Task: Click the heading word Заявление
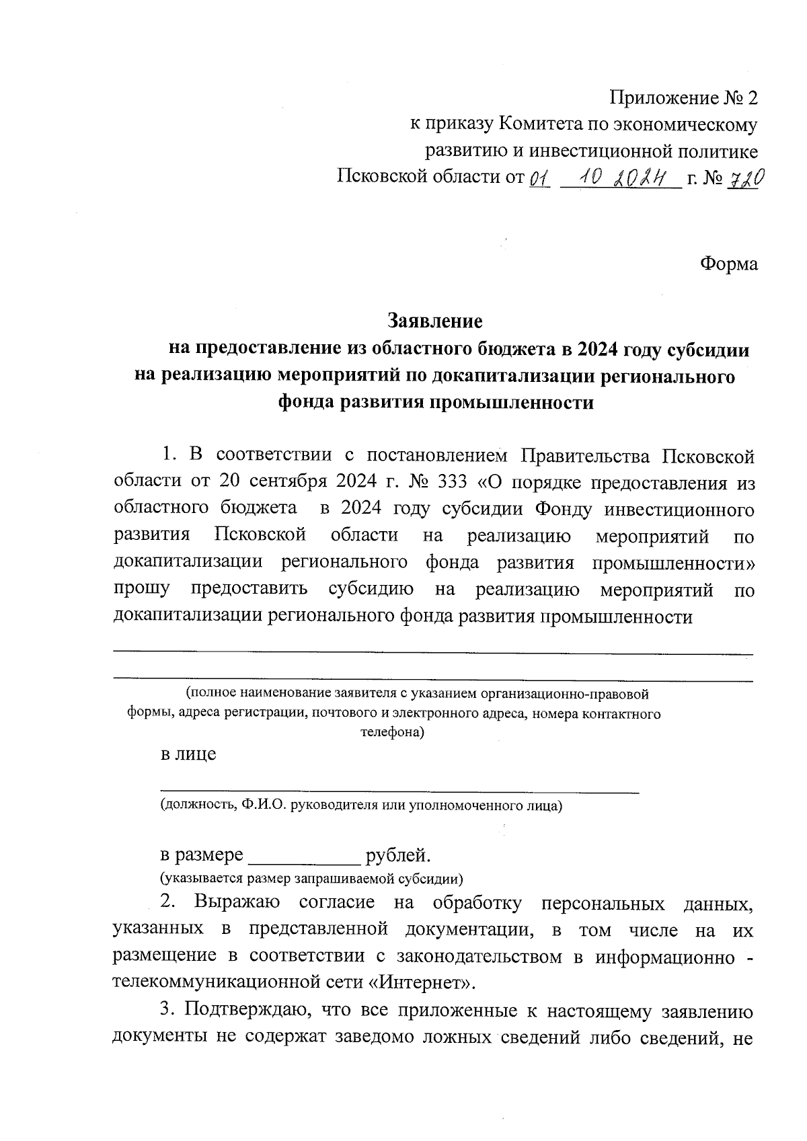(434, 321)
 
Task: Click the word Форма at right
(729, 264)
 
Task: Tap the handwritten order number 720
(744, 178)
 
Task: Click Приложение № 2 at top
(683, 98)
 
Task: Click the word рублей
(397, 856)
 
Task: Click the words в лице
(188, 754)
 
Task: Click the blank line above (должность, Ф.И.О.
(399, 793)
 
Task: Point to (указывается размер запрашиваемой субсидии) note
(311, 878)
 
